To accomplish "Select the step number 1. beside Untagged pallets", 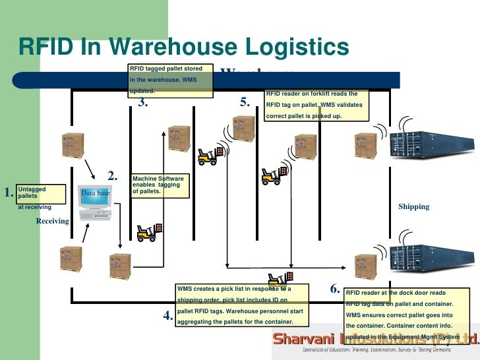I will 9,193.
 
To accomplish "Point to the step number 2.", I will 113,176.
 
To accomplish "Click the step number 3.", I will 143,102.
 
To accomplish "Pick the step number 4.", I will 168,316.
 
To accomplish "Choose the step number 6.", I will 335,289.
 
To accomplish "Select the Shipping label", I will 413,206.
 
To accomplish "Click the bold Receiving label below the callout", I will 52,221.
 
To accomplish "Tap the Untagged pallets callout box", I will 41,193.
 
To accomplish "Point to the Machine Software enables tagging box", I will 158,185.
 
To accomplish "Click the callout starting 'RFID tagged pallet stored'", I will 171,80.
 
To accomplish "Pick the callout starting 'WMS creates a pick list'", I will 243,305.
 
